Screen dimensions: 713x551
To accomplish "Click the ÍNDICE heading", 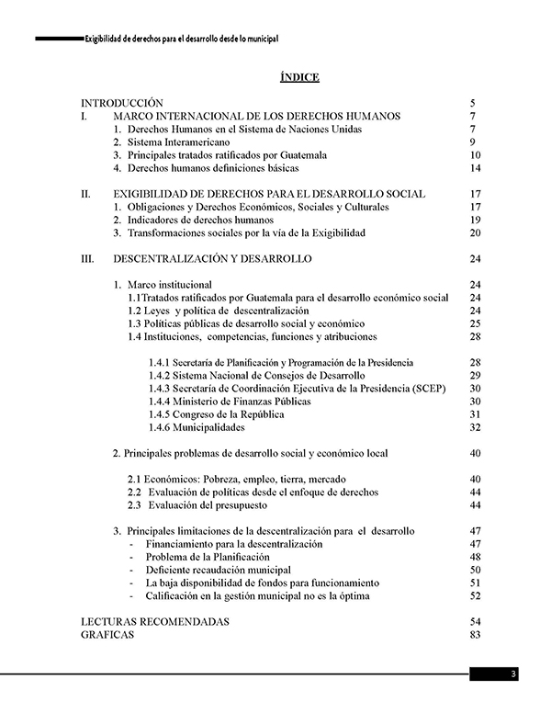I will click(299, 77).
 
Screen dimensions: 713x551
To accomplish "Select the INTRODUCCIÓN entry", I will click(122, 103).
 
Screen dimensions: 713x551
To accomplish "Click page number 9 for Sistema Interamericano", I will click(471, 142).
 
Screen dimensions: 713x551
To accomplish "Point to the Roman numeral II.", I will click(85, 194).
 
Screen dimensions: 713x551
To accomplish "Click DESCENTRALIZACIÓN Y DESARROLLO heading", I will click(212, 259).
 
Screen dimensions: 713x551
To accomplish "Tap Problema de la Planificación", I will click(207, 557).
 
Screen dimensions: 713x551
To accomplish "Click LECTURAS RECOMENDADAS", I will click(154, 622).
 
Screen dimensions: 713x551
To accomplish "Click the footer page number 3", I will click(514, 674).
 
